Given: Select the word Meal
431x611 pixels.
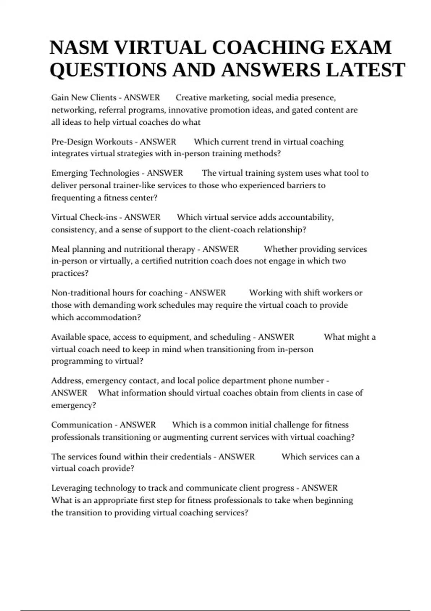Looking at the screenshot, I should (x=60, y=249).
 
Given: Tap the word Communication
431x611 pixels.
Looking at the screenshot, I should (x=82, y=425).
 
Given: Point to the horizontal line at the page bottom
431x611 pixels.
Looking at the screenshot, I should (x=215, y=610).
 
